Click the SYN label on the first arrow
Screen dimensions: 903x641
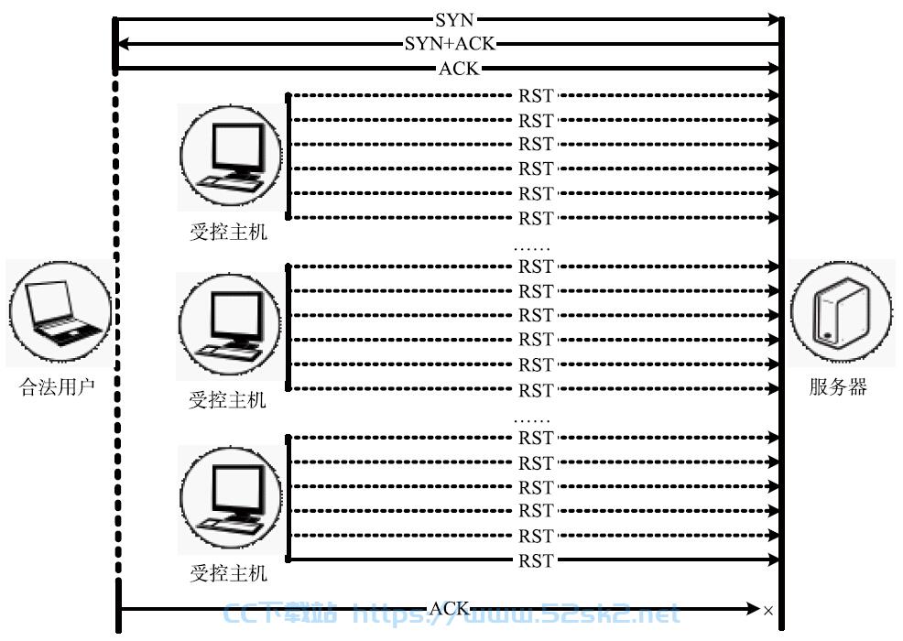(x=454, y=20)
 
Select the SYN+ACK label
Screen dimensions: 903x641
(x=449, y=44)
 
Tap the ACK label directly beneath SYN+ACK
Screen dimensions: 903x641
(x=459, y=69)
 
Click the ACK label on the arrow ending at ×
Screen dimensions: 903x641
(x=449, y=608)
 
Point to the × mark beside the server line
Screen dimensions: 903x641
(x=768, y=611)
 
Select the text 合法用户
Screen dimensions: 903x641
(x=57, y=386)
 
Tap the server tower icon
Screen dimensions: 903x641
(x=842, y=311)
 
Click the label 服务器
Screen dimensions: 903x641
(x=838, y=386)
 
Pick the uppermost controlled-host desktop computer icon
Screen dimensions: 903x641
(x=231, y=156)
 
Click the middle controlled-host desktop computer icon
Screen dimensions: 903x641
(x=231, y=325)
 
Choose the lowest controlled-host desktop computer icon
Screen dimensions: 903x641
(x=231, y=497)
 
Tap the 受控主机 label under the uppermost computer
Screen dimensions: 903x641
(x=229, y=232)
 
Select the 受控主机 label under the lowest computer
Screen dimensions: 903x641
(x=229, y=573)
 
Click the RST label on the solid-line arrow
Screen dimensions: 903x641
(x=536, y=560)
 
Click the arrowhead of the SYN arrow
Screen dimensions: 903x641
(x=773, y=20)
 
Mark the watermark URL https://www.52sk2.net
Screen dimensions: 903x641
(x=516, y=614)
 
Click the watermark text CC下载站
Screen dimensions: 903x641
(x=279, y=614)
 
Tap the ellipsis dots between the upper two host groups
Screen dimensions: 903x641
(x=531, y=249)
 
